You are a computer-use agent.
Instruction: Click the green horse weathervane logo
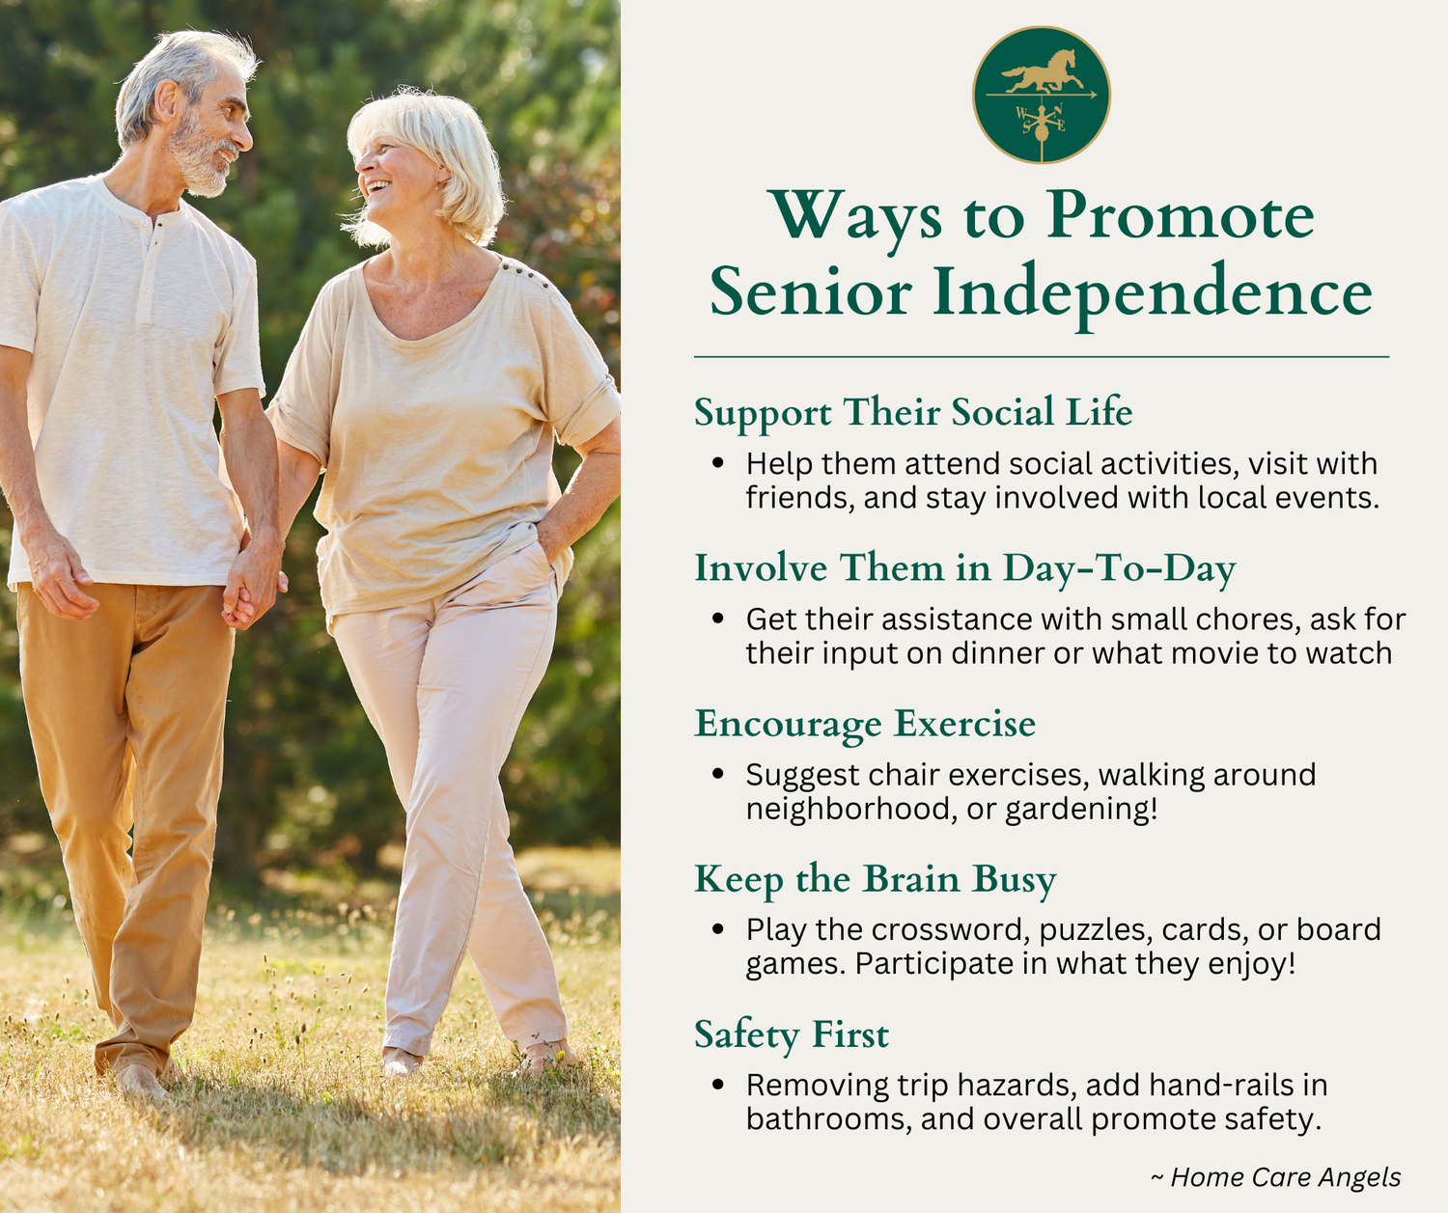pos(1041,95)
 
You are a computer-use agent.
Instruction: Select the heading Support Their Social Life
pos(913,413)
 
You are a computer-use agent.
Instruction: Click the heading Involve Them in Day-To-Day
pos(964,568)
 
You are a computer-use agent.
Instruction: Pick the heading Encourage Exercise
pos(865,724)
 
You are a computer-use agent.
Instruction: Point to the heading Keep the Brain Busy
pos(875,879)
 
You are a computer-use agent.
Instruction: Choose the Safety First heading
pos(792,1034)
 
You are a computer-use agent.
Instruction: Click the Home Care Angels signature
pos(1275,1177)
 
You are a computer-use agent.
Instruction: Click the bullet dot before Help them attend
pos(717,464)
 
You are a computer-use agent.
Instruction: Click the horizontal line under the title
pos(1041,357)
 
